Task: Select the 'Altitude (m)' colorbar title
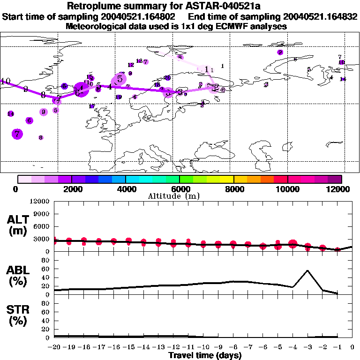[x=180, y=195]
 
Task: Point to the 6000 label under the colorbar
[x=180, y=189]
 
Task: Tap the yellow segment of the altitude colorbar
[x=226, y=179]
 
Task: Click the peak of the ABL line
[x=307, y=270]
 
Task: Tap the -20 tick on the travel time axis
[x=54, y=347]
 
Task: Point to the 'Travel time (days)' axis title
[x=205, y=355]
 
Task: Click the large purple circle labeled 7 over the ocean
[x=18, y=134]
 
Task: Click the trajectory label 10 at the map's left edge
[x=6, y=82]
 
